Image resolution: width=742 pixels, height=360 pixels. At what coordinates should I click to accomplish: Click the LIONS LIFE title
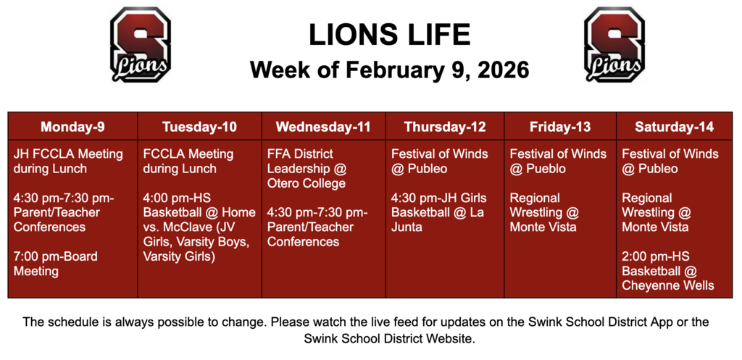point(389,34)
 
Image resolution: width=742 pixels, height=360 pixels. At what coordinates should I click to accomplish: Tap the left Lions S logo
point(141,45)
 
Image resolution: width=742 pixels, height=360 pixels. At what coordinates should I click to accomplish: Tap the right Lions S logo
point(614,45)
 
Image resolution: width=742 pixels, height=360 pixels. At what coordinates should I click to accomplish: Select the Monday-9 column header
point(72,127)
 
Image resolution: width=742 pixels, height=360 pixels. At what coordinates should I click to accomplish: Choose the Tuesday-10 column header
point(199,127)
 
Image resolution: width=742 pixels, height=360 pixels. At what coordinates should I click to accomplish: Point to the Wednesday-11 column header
point(323,127)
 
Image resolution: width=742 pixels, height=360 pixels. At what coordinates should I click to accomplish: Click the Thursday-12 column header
point(445,127)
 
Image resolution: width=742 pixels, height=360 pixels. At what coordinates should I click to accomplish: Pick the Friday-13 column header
point(560,127)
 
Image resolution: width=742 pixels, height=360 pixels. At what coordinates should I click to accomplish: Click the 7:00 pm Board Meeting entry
point(55,264)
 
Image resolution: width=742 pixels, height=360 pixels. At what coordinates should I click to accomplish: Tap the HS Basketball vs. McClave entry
point(199,227)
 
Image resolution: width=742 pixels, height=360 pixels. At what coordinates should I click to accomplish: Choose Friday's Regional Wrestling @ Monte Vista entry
point(544,212)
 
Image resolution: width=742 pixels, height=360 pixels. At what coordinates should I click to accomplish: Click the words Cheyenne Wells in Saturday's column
point(667,285)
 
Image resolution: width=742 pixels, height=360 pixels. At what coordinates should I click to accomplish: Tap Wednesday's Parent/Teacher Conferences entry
point(317,227)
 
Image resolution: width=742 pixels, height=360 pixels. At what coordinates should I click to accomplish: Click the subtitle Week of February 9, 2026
point(389,70)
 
